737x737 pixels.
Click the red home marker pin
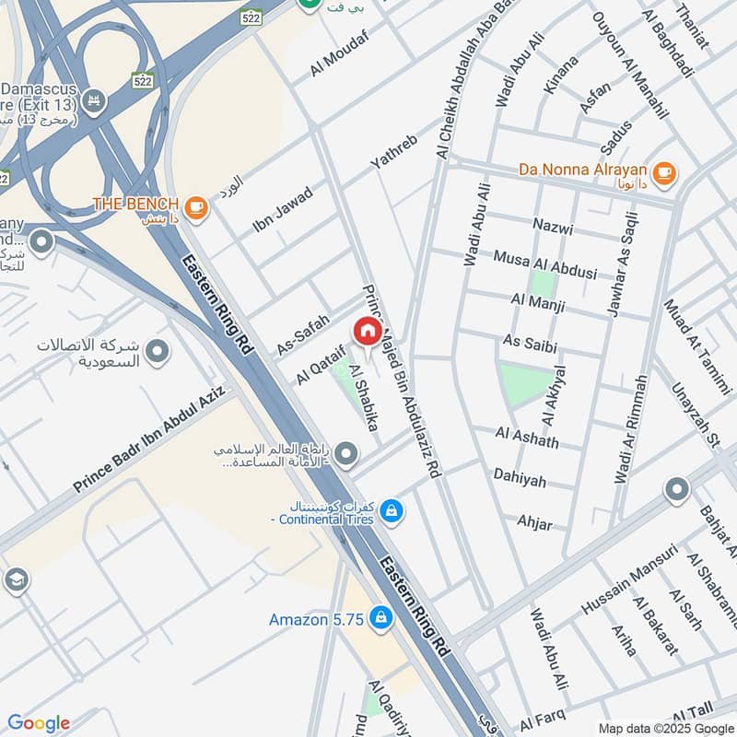click(x=367, y=330)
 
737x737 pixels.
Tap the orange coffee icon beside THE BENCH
click(x=195, y=207)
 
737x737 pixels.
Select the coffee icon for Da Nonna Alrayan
click(x=662, y=171)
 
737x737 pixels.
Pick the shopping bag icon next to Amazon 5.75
click(x=379, y=620)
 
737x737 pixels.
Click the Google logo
click(x=39, y=723)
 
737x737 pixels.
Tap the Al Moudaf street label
click(x=339, y=52)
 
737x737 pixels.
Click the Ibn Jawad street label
click(x=283, y=209)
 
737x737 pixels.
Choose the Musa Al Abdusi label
click(x=545, y=264)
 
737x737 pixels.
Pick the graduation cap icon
click(x=16, y=579)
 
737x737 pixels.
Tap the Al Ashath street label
click(x=527, y=437)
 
